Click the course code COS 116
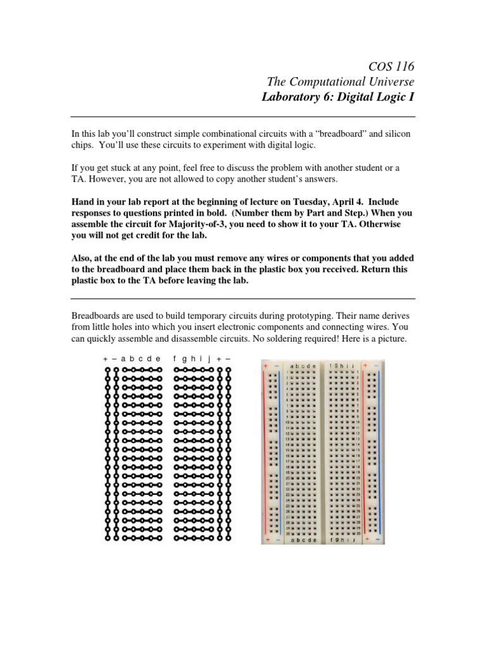(390, 66)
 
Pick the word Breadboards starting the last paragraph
(96, 315)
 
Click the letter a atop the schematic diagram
(123, 359)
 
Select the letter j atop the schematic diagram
(209, 359)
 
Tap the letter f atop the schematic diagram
(175, 359)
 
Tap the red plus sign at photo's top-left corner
(266, 366)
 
